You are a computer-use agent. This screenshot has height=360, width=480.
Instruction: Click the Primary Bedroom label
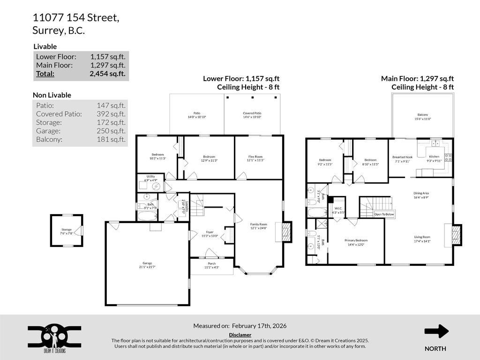pyautogui.click(x=356, y=242)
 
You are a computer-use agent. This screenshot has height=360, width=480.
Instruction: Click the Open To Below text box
pyautogui.click(x=384, y=214)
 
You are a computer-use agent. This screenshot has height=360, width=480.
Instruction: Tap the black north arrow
pyautogui.click(x=436, y=331)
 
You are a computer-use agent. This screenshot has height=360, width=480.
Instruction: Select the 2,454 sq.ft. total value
pyautogui.click(x=107, y=74)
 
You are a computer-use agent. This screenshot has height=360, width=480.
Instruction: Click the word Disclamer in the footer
pyautogui.click(x=240, y=335)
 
